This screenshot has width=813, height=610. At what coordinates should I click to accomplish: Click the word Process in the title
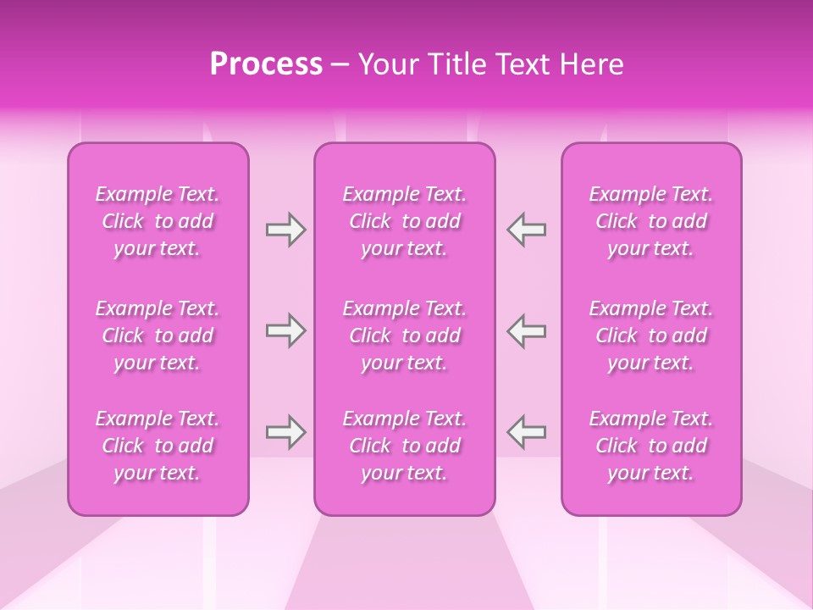(x=266, y=64)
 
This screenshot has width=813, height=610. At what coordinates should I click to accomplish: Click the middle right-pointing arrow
(x=285, y=330)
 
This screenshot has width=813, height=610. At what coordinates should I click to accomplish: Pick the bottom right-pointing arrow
(x=285, y=432)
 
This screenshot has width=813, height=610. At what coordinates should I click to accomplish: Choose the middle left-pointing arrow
(x=526, y=330)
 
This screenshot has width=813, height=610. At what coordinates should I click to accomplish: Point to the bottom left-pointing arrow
(x=526, y=432)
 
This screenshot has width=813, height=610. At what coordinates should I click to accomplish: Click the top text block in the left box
(x=158, y=221)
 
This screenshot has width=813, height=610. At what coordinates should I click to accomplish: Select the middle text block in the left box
(x=158, y=335)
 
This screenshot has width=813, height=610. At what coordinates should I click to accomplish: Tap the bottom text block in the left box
(x=158, y=446)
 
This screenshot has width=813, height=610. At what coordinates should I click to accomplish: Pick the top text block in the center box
(x=405, y=221)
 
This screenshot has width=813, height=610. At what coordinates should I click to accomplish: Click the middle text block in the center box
(x=405, y=335)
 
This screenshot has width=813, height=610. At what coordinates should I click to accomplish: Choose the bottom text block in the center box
(x=405, y=446)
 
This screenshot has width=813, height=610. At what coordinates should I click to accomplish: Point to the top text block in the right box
(x=651, y=221)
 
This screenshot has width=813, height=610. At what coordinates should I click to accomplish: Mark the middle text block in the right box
(x=651, y=335)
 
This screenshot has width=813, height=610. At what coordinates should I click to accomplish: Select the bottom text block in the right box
(x=651, y=446)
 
